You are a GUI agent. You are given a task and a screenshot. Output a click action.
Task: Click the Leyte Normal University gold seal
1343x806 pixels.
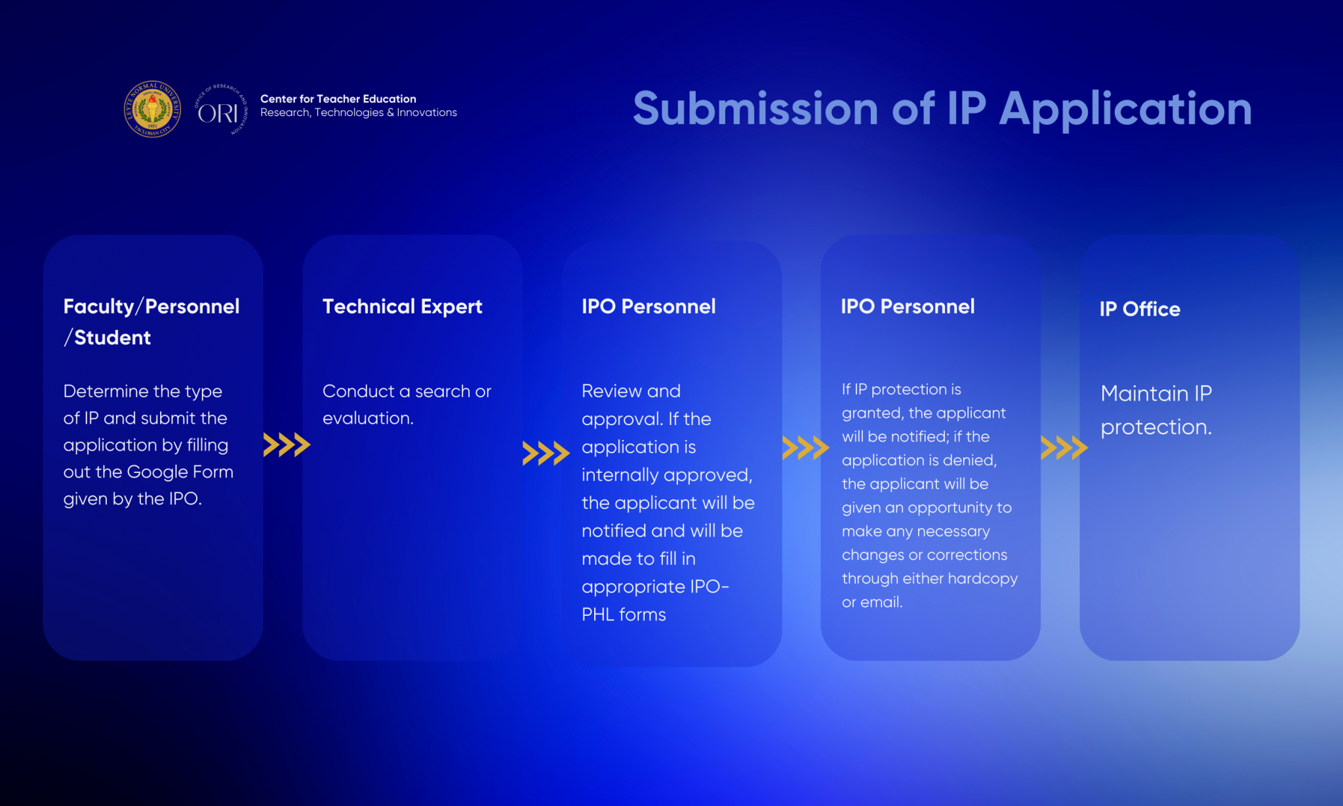click(152, 109)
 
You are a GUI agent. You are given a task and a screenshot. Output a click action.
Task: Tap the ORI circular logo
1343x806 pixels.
click(221, 110)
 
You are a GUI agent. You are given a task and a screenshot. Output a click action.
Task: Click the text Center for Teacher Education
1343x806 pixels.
click(338, 98)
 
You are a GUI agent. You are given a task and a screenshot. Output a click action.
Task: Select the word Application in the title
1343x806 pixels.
click(1125, 110)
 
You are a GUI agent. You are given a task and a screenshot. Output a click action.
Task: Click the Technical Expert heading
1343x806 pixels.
click(402, 307)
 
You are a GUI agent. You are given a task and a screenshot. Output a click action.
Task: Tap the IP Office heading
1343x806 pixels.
click(1140, 309)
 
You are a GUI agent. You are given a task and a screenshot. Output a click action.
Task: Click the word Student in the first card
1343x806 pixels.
click(112, 337)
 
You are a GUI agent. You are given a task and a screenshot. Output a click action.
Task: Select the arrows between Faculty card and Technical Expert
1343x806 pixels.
click(287, 445)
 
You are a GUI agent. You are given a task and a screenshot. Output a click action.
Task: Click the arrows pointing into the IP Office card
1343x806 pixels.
click(1064, 447)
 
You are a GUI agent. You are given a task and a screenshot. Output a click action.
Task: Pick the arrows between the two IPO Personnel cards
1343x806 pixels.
click(805, 447)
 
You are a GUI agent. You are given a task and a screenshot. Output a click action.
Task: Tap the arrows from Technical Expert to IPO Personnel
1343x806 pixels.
click(546, 453)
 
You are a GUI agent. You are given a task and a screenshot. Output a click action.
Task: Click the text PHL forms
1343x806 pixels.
click(624, 615)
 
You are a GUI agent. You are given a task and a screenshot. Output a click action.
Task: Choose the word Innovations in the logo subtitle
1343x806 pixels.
click(427, 113)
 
